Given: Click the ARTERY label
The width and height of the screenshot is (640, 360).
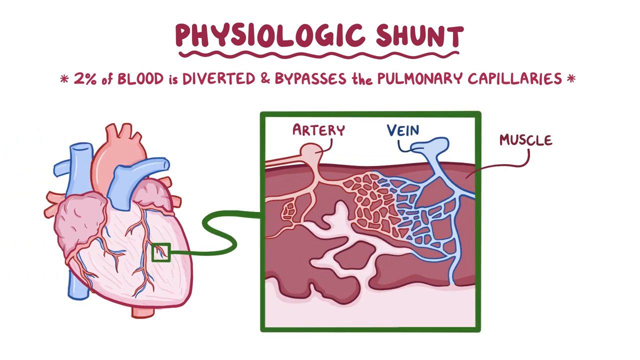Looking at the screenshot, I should (x=318, y=130).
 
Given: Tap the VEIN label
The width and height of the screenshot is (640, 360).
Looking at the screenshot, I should (x=403, y=130).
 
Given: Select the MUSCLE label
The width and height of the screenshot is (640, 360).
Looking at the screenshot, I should (x=525, y=140).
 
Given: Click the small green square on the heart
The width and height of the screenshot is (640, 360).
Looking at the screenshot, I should (x=161, y=252).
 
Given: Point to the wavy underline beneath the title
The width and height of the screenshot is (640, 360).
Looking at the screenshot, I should (x=319, y=54).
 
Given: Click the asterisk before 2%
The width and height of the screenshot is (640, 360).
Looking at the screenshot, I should (x=64, y=79).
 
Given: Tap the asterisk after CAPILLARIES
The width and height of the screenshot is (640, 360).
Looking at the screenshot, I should (x=571, y=79).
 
